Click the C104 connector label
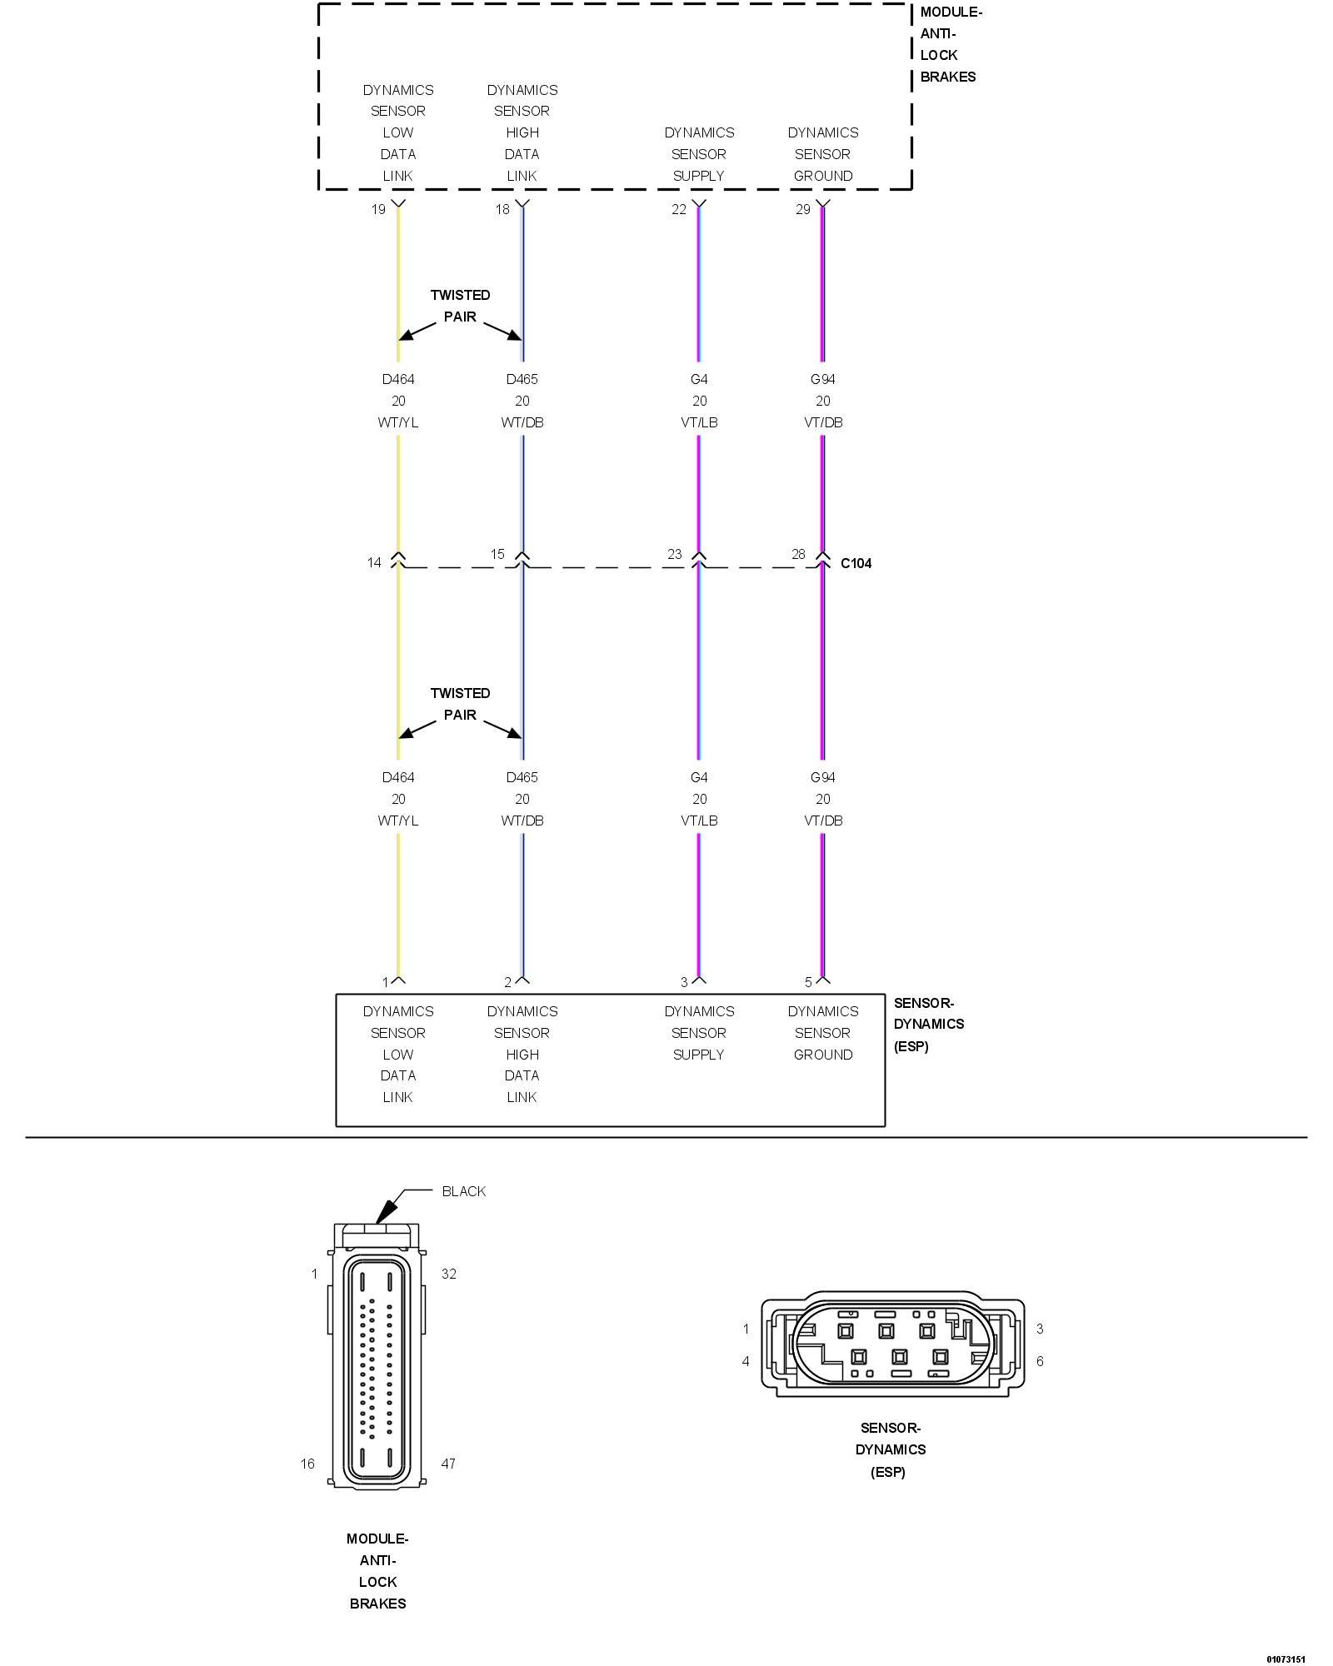point(856,563)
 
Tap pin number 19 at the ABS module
point(378,209)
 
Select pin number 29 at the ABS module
point(802,209)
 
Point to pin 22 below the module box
point(679,209)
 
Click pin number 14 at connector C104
point(374,562)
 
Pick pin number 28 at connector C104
point(798,554)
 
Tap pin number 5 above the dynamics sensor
point(808,982)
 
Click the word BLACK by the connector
point(463,1191)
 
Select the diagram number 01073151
point(1286,1659)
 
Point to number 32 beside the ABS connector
point(449,1274)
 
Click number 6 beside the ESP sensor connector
point(1040,1361)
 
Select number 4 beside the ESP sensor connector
point(746,1361)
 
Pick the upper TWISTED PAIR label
point(460,306)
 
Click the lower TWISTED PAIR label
point(460,704)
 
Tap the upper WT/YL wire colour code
point(398,422)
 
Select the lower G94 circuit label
point(822,777)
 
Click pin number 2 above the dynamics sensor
point(507,982)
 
